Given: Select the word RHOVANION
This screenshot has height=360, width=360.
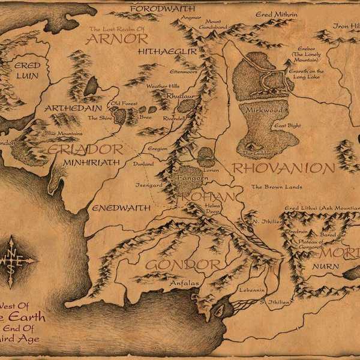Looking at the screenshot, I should point(283,168).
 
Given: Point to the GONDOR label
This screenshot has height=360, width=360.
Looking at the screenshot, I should point(175,265).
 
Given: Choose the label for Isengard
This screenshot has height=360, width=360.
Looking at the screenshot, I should point(149,185).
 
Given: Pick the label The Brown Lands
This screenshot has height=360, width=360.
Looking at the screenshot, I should point(277,187).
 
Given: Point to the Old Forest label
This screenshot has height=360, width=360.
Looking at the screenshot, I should point(124,103).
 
